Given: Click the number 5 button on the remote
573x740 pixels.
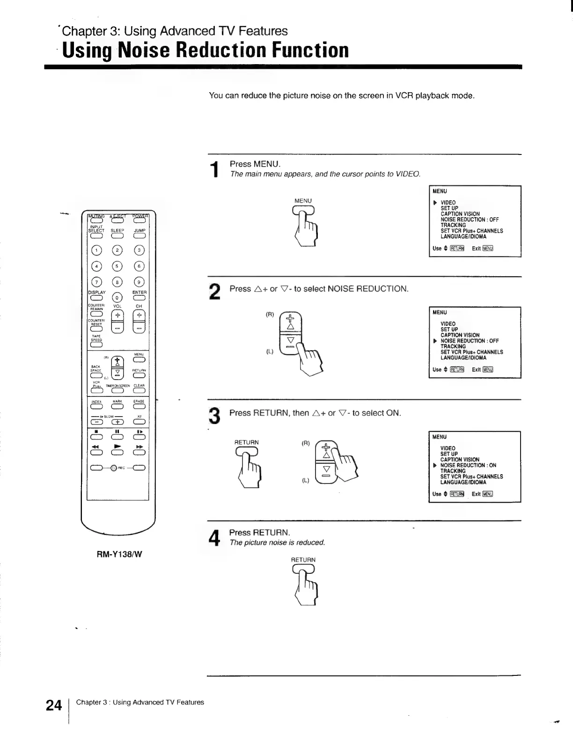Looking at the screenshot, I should pos(118,266).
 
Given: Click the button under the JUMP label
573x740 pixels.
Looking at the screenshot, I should pos(139,235).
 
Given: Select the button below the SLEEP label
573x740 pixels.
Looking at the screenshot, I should pos(118,235).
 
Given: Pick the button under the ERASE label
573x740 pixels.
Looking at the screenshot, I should pos(139,406).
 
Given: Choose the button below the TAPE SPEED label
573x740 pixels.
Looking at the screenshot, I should pos(96,345).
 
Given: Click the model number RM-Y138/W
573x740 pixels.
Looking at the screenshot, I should pos(119,555).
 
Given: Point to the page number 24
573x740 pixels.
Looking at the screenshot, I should pos(54,705).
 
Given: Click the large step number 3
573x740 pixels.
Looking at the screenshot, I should pos(214,416).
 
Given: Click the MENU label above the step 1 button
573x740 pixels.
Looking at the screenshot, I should pos(303,201).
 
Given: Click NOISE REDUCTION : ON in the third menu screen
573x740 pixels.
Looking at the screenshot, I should pos(468,465).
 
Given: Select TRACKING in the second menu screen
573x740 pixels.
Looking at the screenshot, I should pos(453,346).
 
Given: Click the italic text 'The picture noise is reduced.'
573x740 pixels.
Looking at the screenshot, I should pos(277,542).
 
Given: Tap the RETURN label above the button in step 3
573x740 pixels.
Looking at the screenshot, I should pos(246,442).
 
